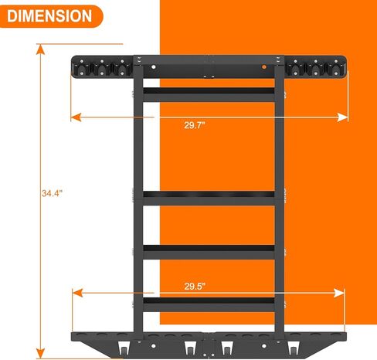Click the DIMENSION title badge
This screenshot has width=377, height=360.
tap(51, 16)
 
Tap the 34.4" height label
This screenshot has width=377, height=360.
tap(52, 193)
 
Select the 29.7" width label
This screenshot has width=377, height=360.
tap(195, 125)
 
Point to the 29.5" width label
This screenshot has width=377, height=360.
tap(195, 287)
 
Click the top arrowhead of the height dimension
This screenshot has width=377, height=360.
tap(40, 49)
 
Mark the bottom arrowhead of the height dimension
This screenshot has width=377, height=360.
tap(40, 353)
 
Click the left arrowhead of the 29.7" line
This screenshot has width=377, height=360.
tap(76, 117)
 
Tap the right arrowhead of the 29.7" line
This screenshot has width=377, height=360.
tap(342, 117)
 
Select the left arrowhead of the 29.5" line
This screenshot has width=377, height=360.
tap(77, 293)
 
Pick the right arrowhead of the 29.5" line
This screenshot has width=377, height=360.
tap(339, 293)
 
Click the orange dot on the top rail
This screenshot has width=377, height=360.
tap(263, 67)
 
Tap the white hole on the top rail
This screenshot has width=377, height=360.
tap(154, 67)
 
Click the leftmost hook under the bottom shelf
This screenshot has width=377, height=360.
tap(124, 348)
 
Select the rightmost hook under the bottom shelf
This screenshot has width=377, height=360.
tap(293, 348)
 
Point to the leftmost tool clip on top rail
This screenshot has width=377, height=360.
tap(82, 68)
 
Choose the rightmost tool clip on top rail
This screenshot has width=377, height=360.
tap(335, 68)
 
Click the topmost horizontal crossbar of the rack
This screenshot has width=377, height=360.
tap(209, 94)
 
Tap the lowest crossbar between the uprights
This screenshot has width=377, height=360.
tap(209, 304)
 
